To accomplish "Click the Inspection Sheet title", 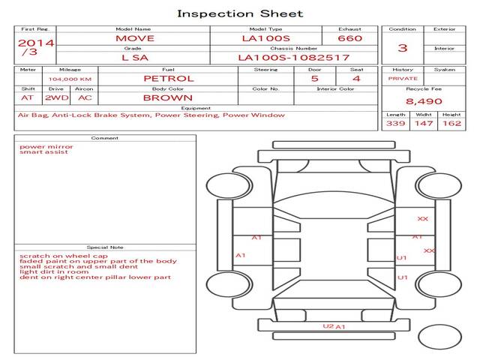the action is [240, 13].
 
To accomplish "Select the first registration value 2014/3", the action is [35, 46].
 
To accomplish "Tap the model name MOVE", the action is [135, 38].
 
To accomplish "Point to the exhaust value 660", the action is [350, 38].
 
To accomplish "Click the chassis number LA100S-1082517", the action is [293, 58].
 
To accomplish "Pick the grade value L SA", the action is [135, 58].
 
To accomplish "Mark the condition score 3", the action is [403, 48].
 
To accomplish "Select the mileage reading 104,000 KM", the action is [70, 79].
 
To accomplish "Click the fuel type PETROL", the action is [168, 79].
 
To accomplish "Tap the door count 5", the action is [315, 79].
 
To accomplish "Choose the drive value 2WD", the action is [57, 98].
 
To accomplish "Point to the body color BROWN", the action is [168, 98].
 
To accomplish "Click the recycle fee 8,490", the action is [424, 101].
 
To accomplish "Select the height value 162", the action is [451, 123].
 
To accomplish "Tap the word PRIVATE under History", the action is [403, 79].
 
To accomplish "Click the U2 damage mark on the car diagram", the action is [328, 326].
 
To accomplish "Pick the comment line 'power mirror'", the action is [46, 147].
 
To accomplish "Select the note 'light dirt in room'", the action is [54, 271].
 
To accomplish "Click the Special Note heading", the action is [105, 247].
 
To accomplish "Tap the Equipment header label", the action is [196, 108].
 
